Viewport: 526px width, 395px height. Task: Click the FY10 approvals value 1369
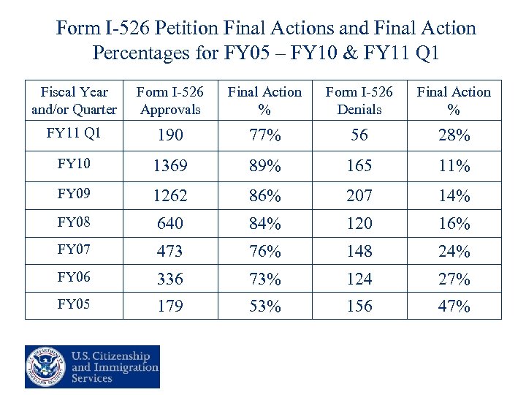pos(169,166)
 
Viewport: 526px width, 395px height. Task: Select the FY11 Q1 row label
pos(74,134)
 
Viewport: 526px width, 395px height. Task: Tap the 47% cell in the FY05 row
pos(454,306)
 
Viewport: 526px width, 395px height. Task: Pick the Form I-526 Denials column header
pos(359,101)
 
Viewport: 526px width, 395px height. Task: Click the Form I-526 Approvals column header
pos(169,101)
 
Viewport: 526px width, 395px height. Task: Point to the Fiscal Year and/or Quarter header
pos(74,101)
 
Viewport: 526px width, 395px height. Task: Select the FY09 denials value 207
pos(359,196)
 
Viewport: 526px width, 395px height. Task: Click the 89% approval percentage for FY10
pos(264,166)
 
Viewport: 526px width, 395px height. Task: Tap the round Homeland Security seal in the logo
pos(46,366)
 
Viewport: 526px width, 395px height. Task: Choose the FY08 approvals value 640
pos(169,224)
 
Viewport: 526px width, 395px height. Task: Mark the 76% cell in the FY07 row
pos(264,252)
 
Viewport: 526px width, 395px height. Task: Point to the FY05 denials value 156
pos(359,306)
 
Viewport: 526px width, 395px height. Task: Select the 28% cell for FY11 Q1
pos(454,136)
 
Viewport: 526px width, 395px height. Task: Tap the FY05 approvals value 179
pos(169,306)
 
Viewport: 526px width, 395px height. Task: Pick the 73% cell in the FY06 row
pos(264,279)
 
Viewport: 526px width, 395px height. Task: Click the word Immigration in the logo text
pos(124,367)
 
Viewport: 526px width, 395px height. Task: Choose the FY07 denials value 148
pos(359,252)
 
